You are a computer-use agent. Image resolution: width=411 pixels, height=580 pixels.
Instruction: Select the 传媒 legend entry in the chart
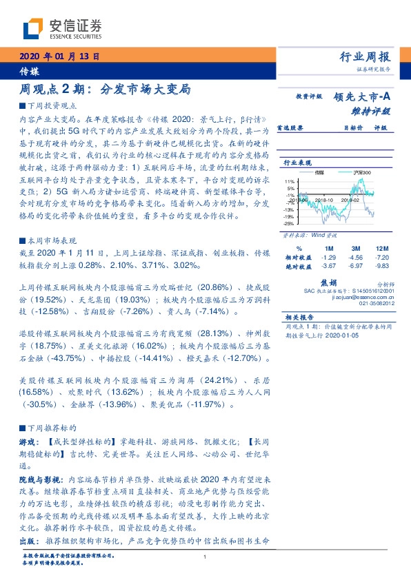[x=319, y=172]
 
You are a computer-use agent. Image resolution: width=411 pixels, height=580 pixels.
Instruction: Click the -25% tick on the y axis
[x=288, y=223]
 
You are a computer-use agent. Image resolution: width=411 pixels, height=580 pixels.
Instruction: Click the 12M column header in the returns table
[x=381, y=248]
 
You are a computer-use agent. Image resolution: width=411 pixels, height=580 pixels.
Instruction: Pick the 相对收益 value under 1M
[x=328, y=256]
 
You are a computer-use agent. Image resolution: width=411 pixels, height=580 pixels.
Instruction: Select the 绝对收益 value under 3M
[x=356, y=265]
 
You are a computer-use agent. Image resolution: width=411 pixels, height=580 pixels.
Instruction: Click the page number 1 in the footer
[x=205, y=557]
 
